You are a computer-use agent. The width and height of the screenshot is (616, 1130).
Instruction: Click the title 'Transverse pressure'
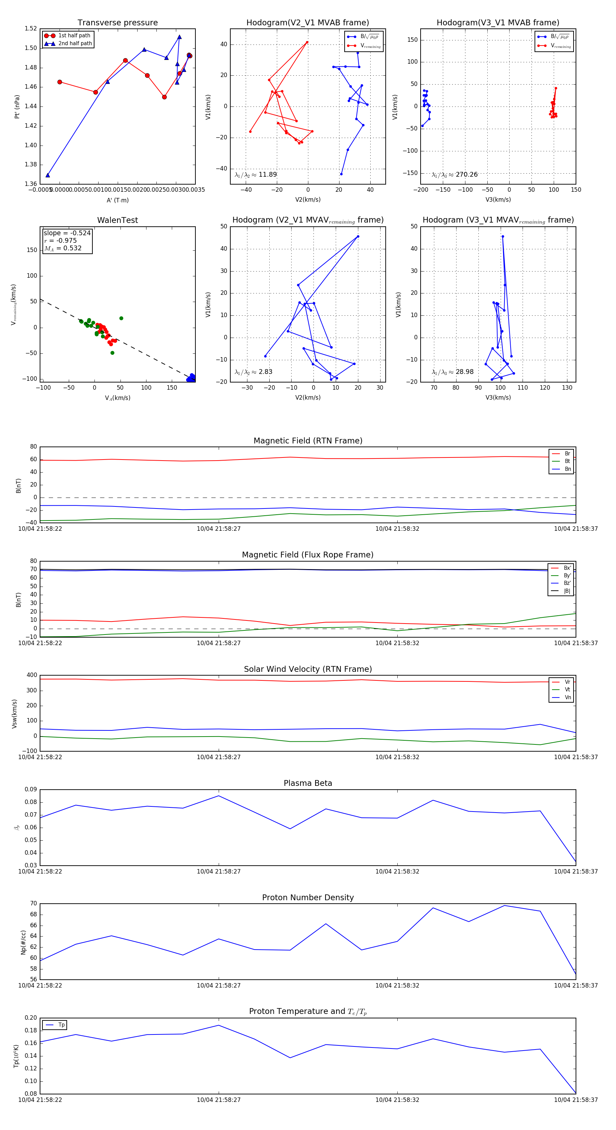[117, 23]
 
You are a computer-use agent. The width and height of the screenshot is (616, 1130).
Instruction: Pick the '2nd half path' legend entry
[75, 43]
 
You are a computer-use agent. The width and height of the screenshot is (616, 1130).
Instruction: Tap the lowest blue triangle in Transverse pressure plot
[48, 175]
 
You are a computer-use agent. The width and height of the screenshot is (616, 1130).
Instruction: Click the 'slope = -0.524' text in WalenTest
[67, 233]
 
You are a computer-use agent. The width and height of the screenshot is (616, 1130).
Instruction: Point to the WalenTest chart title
[117, 220]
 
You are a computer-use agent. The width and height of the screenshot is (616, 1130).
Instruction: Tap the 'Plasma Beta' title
[308, 783]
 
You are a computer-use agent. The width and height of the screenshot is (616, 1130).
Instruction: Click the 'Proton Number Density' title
[308, 897]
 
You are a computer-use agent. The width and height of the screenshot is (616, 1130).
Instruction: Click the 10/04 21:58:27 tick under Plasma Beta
[218, 871]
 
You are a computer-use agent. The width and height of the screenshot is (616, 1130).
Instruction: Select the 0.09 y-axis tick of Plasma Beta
[31, 790]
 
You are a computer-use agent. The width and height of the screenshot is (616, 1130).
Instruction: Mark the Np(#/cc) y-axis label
[23, 942]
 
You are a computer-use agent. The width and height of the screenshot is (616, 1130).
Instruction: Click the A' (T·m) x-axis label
[117, 200]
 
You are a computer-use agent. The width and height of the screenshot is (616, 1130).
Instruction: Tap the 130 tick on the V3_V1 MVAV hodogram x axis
[567, 388]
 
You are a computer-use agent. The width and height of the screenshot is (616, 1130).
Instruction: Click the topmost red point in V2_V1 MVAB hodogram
[307, 42]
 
